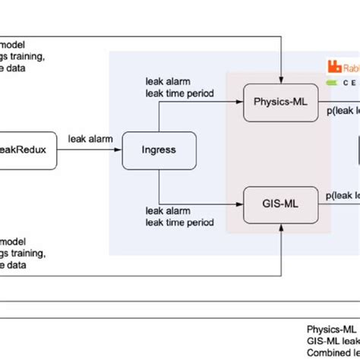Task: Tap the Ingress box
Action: [159, 150]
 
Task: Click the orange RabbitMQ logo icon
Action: [333, 65]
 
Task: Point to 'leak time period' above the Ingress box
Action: [179, 93]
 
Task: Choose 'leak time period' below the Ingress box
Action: [179, 222]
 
